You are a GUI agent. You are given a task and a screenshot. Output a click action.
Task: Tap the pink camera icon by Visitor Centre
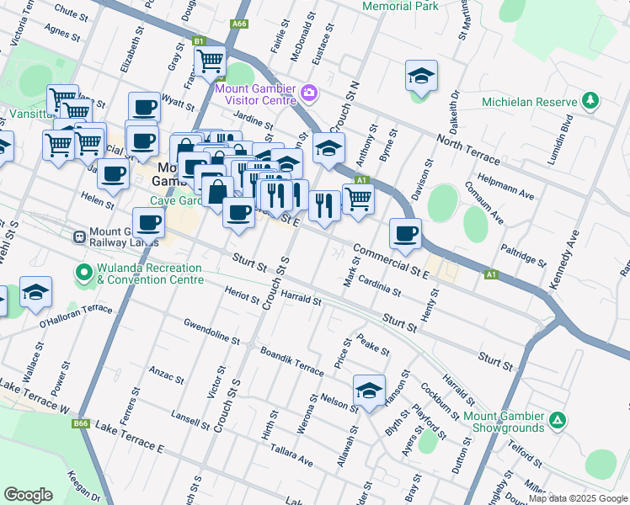point(309,92)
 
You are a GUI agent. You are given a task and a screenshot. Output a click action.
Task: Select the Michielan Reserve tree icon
point(590,102)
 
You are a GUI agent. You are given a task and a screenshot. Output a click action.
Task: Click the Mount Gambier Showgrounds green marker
point(556,419)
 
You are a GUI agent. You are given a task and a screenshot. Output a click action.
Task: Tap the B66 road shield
point(81,423)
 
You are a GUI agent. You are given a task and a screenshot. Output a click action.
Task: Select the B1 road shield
point(199,40)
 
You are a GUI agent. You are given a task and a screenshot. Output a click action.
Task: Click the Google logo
point(29,494)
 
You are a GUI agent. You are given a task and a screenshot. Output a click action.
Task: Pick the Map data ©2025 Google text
point(578,498)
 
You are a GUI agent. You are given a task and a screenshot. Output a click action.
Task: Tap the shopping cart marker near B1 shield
point(210,60)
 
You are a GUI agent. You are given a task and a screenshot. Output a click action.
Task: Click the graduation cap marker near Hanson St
point(369,391)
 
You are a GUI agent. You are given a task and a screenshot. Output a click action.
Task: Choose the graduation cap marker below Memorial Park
point(421,77)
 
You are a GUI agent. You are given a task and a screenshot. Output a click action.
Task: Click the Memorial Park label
point(400,6)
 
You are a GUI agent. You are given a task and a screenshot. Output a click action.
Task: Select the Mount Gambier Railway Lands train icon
point(80,237)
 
